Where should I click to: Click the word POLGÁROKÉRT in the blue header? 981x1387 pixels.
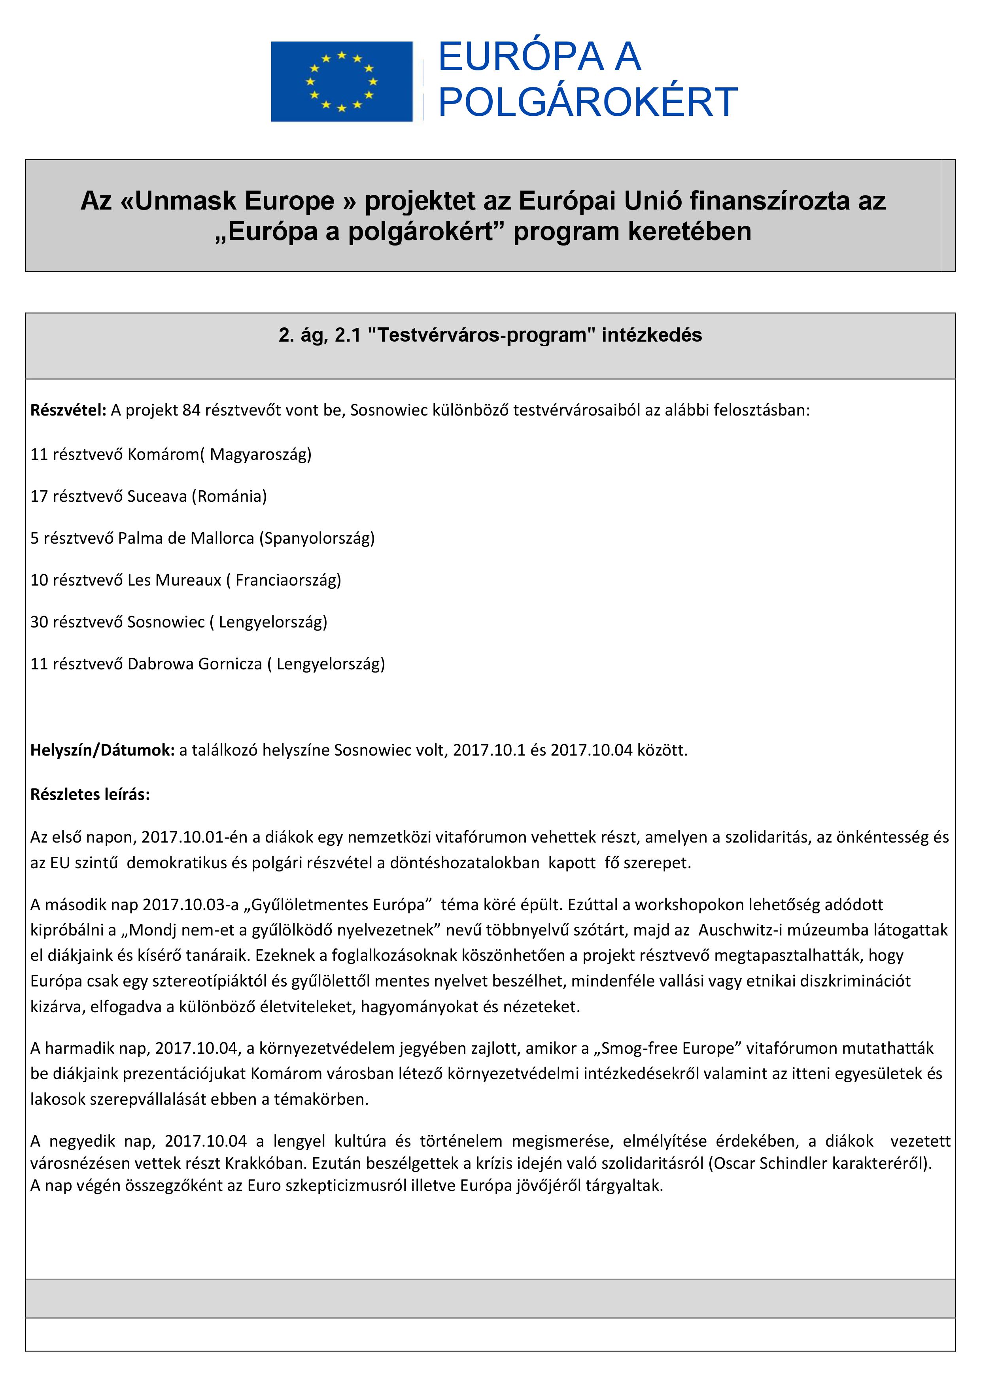pyautogui.click(x=587, y=102)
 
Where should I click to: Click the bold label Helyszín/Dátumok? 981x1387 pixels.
pyautogui.click(x=102, y=750)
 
